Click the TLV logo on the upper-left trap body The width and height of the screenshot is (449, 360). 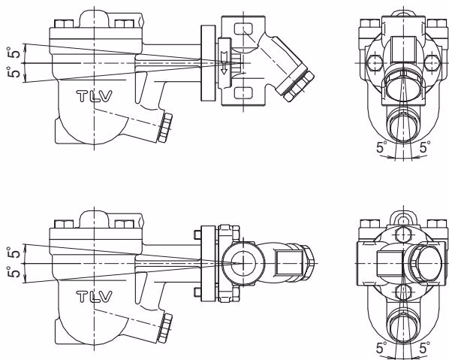(94, 96)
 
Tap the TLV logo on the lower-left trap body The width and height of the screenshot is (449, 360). (94, 297)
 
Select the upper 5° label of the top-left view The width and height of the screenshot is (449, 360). (14, 53)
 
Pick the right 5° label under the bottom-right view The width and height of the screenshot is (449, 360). (425, 348)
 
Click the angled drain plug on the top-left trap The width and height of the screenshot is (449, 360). (165, 128)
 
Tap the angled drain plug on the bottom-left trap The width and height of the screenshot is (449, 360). (165, 328)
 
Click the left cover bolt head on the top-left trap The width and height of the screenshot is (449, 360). (64, 23)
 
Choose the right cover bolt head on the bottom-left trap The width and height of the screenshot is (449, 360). (125, 224)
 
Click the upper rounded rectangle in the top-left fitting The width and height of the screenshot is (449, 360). (243, 29)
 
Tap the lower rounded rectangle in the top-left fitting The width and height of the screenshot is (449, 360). (243, 93)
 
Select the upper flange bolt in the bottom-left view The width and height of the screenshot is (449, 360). (197, 234)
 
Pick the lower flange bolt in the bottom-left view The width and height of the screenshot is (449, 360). (197, 292)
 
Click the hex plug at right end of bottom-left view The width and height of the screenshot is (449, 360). (308, 263)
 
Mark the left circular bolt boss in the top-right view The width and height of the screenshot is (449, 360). (374, 62)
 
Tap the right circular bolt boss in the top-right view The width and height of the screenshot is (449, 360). (432, 62)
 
